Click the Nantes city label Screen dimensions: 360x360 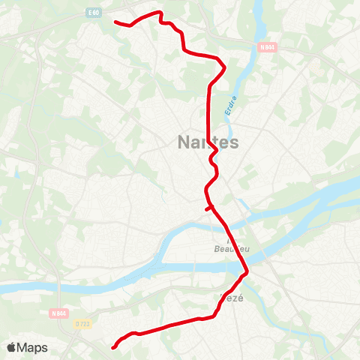coord(208,142)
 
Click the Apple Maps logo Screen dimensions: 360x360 coord(27,347)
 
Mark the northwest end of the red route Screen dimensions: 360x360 coord(115,22)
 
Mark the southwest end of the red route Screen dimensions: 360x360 coord(113,347)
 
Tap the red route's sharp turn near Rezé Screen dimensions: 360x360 coord(246,274)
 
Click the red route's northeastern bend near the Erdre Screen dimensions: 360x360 coord(223,63)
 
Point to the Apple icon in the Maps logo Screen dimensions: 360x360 coord(11,347)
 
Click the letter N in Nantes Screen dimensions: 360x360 coord(184,142)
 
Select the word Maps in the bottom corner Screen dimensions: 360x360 coord(33,347)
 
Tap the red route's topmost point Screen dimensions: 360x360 coord(159,11)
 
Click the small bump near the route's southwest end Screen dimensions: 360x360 coord(133,333)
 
